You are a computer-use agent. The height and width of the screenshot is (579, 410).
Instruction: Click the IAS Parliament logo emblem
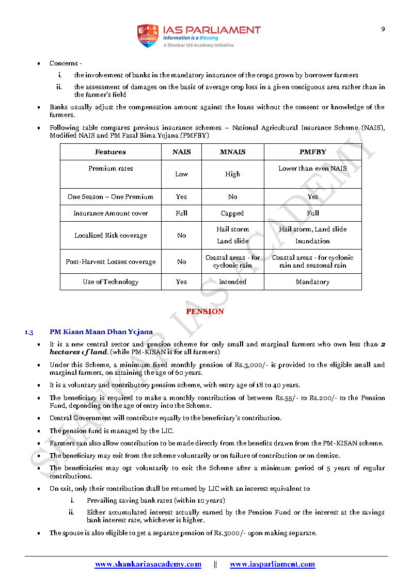(x=147, y=36)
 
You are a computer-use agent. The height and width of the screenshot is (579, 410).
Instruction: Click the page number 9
(x=383, y=29)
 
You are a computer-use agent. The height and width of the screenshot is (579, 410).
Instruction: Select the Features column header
(x=111, y=152)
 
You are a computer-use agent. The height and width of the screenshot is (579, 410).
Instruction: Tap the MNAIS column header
(x=232, y=152)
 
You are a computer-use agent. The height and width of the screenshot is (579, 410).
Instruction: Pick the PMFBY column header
(x=312, y=152)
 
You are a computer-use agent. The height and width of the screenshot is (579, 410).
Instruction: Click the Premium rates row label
(x=111, y=169)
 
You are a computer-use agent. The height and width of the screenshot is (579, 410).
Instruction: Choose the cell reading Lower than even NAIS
(x=312, y=169)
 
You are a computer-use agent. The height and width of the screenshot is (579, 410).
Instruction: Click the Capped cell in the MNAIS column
(x=232, y=213)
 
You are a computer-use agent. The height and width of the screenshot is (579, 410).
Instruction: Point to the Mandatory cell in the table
(x=312, y=282)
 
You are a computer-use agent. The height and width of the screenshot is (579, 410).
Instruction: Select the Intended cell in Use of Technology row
(x=232, y=282)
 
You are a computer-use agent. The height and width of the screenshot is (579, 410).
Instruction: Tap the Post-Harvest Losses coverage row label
(x=111, y=261)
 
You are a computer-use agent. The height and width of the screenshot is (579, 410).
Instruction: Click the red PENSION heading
(x=205, y=311)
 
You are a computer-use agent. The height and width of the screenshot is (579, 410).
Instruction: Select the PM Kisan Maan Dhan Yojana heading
(x=101, y=332)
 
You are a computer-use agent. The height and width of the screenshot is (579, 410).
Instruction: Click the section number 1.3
(x=29, y=332)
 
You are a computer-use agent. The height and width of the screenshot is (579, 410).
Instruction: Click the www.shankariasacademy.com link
(x=148, y=564)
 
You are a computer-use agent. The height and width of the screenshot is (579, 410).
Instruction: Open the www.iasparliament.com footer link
(x=272, y=564)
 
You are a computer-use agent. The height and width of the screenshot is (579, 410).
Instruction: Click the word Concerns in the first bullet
(x=64, y=63)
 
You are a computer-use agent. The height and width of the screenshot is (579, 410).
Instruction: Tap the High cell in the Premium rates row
(x=232, y=174)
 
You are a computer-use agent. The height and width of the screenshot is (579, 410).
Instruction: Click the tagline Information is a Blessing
(x=191, y=38)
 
